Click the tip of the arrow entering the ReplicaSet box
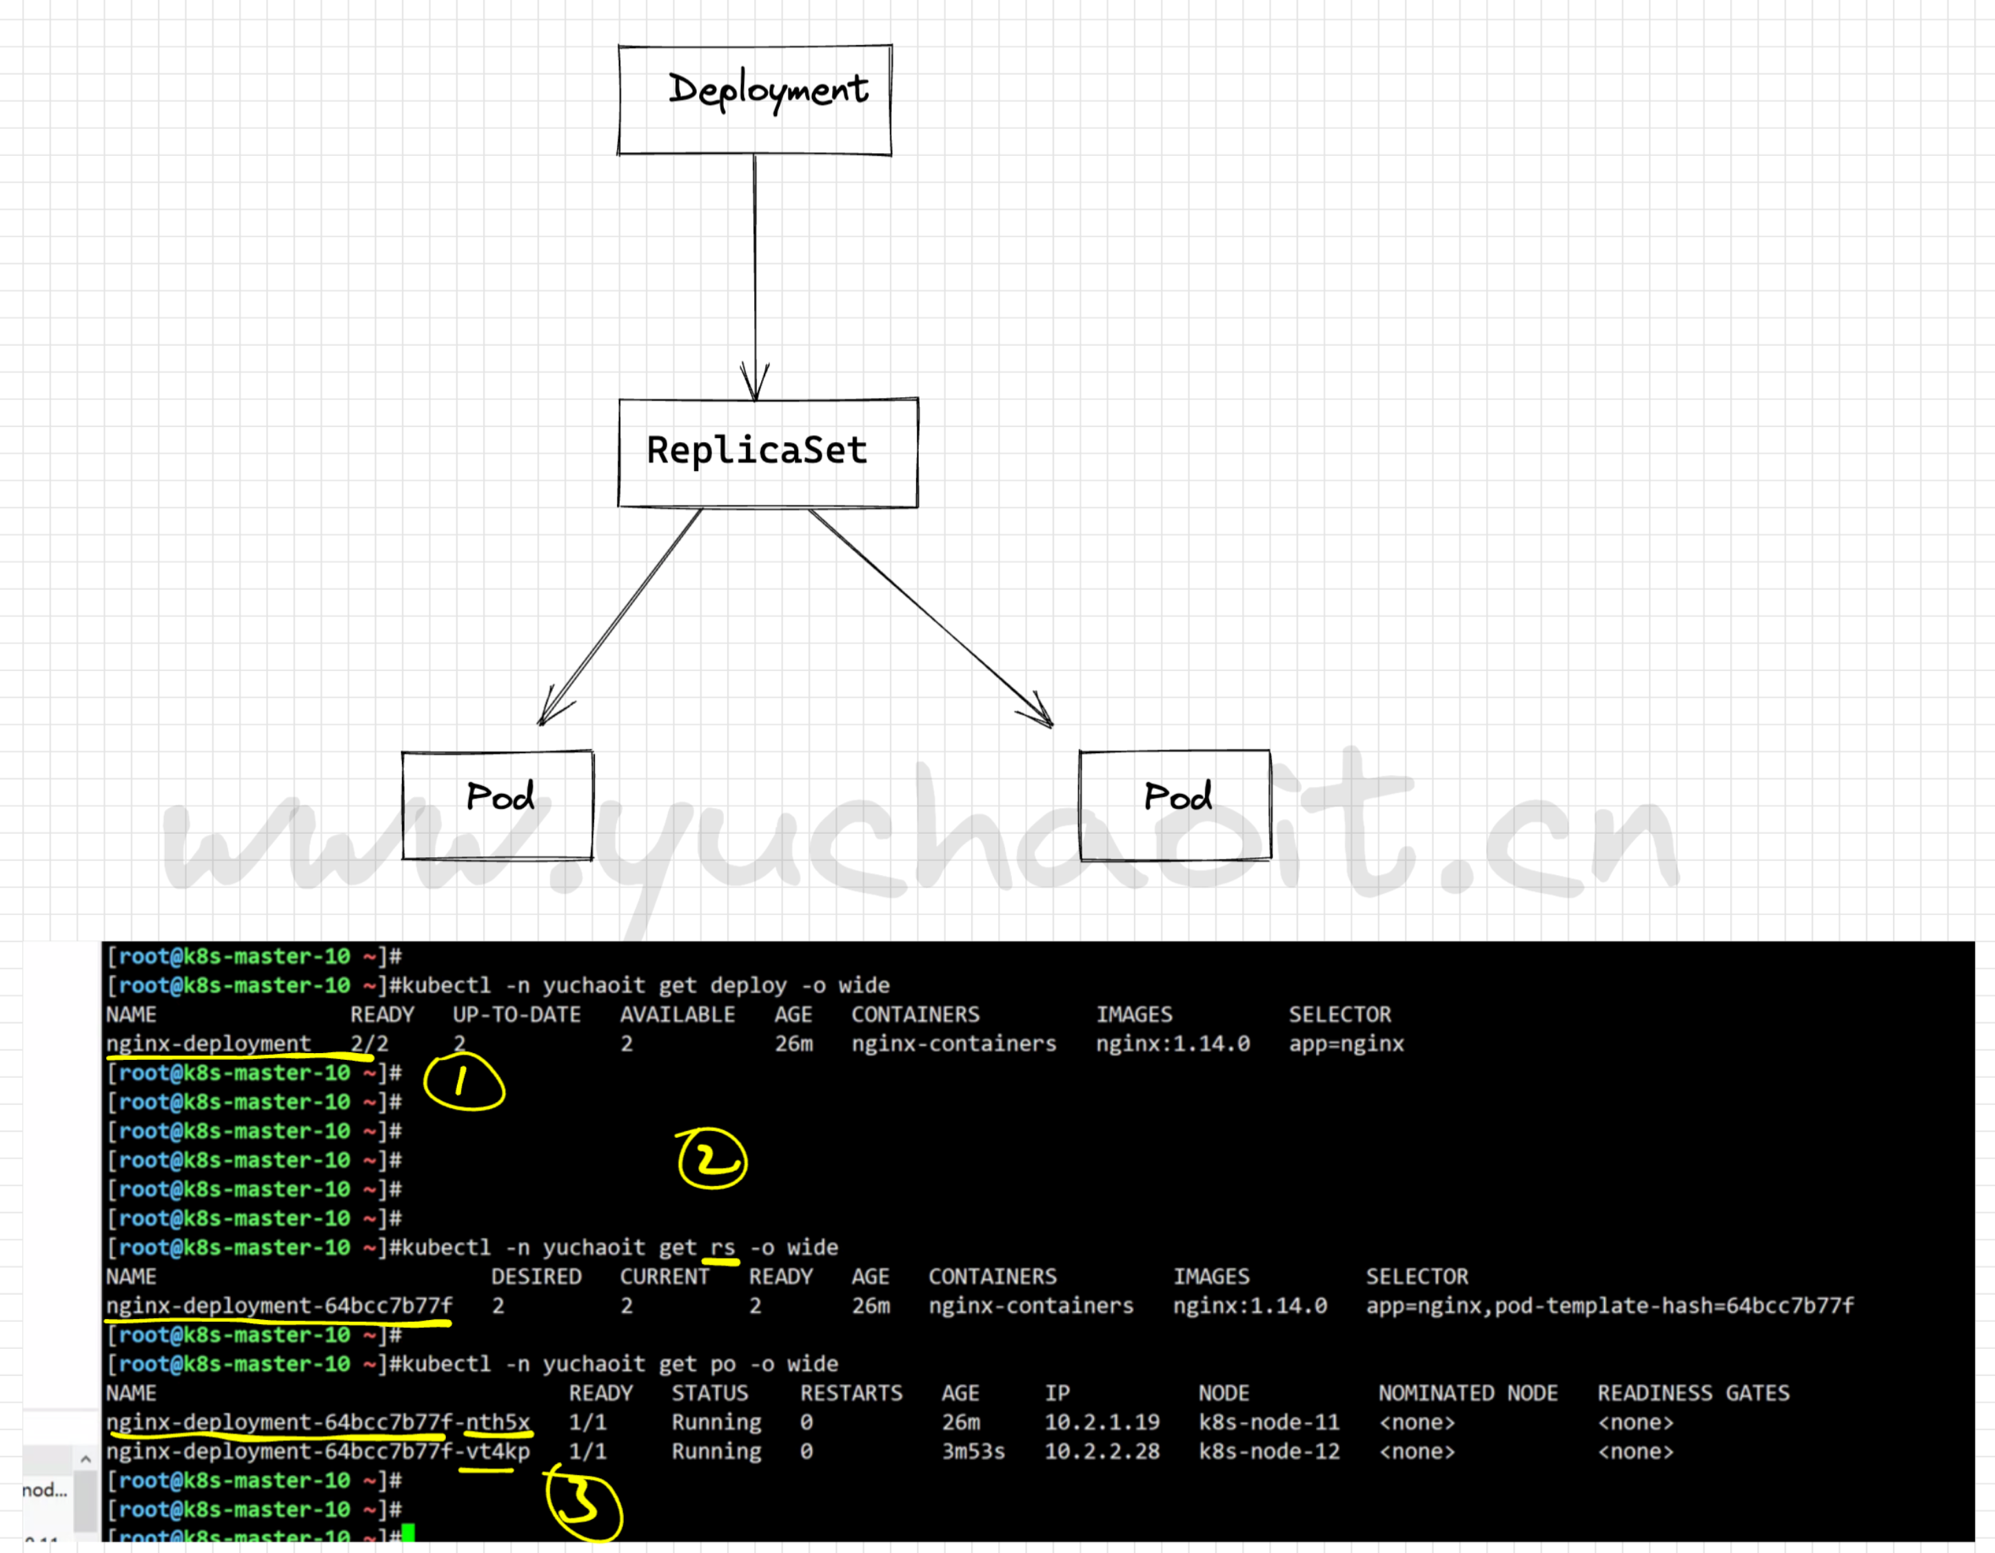point(756,400)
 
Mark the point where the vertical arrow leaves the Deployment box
point(755,154)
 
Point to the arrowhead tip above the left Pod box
point(540,725)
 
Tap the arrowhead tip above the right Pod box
point(1053,727)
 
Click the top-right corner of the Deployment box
point(891,46)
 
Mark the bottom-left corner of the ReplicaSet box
point(619,505)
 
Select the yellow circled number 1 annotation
point(464,1081)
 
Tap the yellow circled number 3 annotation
point(585,1502)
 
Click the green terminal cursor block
point(408,1533)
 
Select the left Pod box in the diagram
point(498,805)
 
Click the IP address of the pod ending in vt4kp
point(1102,1451)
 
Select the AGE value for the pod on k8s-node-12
point(974,1451)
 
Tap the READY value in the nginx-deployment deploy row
point(369,1043)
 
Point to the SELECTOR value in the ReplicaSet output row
point(1610,1305)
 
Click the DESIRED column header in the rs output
point(536,1276)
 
